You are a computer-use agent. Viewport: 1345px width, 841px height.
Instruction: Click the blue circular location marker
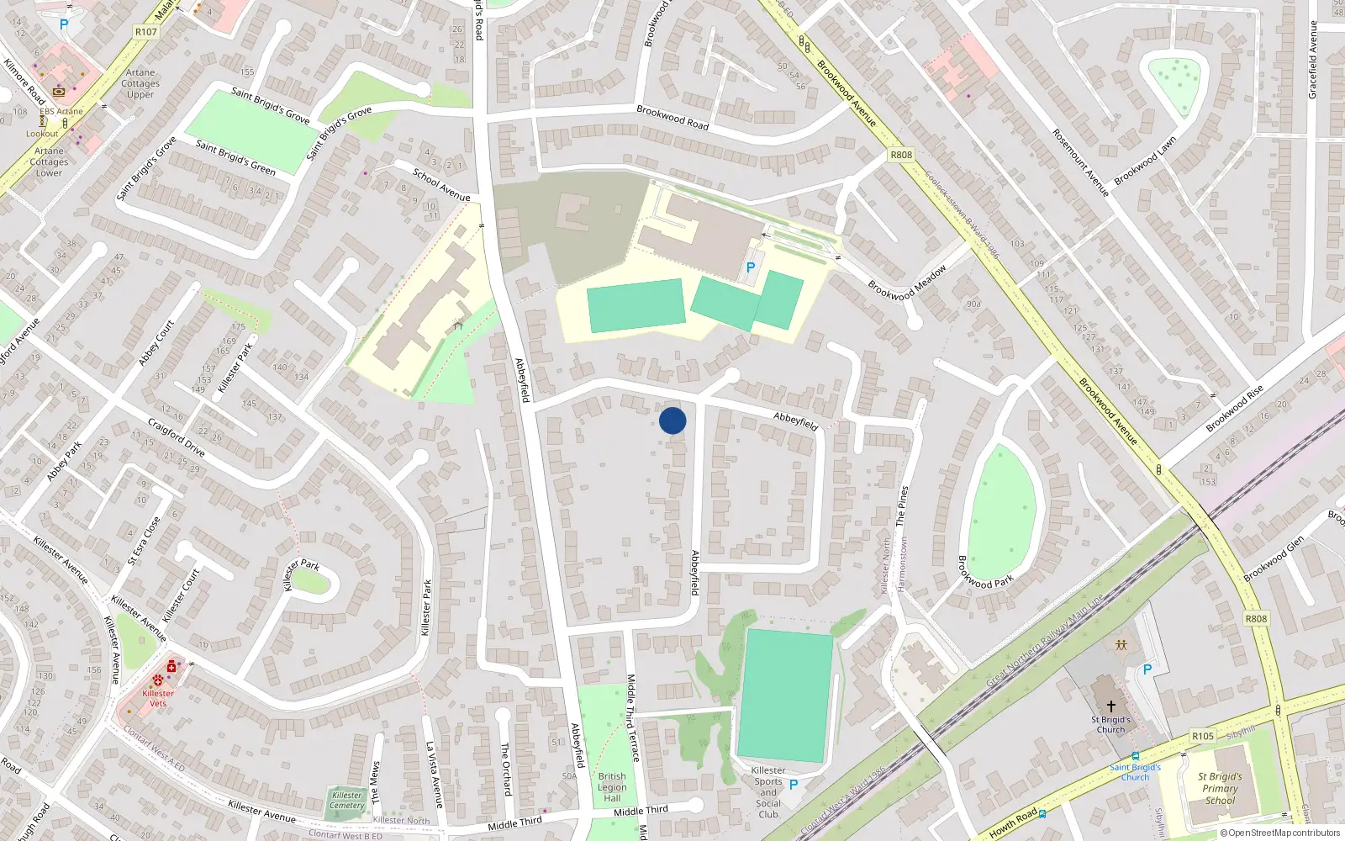(x=672, y=420)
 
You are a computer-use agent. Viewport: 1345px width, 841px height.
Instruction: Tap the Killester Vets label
(x=158, y=698)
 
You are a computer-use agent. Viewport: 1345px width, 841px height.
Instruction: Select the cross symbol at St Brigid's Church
(x=1110, y=706)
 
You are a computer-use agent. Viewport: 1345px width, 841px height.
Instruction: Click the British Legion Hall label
(x=612, y=787)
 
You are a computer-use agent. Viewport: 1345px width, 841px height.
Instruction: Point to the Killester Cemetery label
(x=347, y=800)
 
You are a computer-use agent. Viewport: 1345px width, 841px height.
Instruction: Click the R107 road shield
(x=145, y=32)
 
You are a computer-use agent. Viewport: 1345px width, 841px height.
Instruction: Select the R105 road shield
(x=1203, y=736)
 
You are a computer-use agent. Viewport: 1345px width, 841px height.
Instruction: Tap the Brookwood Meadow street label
(x=907, y=283)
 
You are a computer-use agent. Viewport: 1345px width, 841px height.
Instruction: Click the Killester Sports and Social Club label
(x=768, y=792)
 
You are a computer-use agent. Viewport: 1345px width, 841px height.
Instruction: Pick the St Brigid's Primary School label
(x=1220, y=789)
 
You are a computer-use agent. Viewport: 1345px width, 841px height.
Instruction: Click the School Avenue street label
(x=441, y=185)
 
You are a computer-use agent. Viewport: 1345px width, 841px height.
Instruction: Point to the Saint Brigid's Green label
(x=235, y=157)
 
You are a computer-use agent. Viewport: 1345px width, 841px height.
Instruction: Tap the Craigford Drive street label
(x=176, y=436)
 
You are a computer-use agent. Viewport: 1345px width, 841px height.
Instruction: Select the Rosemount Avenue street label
(x=1080, y=162)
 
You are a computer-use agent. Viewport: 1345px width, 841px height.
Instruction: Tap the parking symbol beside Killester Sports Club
(x=793, y=784)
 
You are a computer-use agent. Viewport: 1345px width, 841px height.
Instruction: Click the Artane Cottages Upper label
(x=140, y=83)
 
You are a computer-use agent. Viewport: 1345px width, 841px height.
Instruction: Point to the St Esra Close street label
(x=144, y=541)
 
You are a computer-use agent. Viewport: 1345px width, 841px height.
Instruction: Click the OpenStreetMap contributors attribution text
(x=1279, y=833)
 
